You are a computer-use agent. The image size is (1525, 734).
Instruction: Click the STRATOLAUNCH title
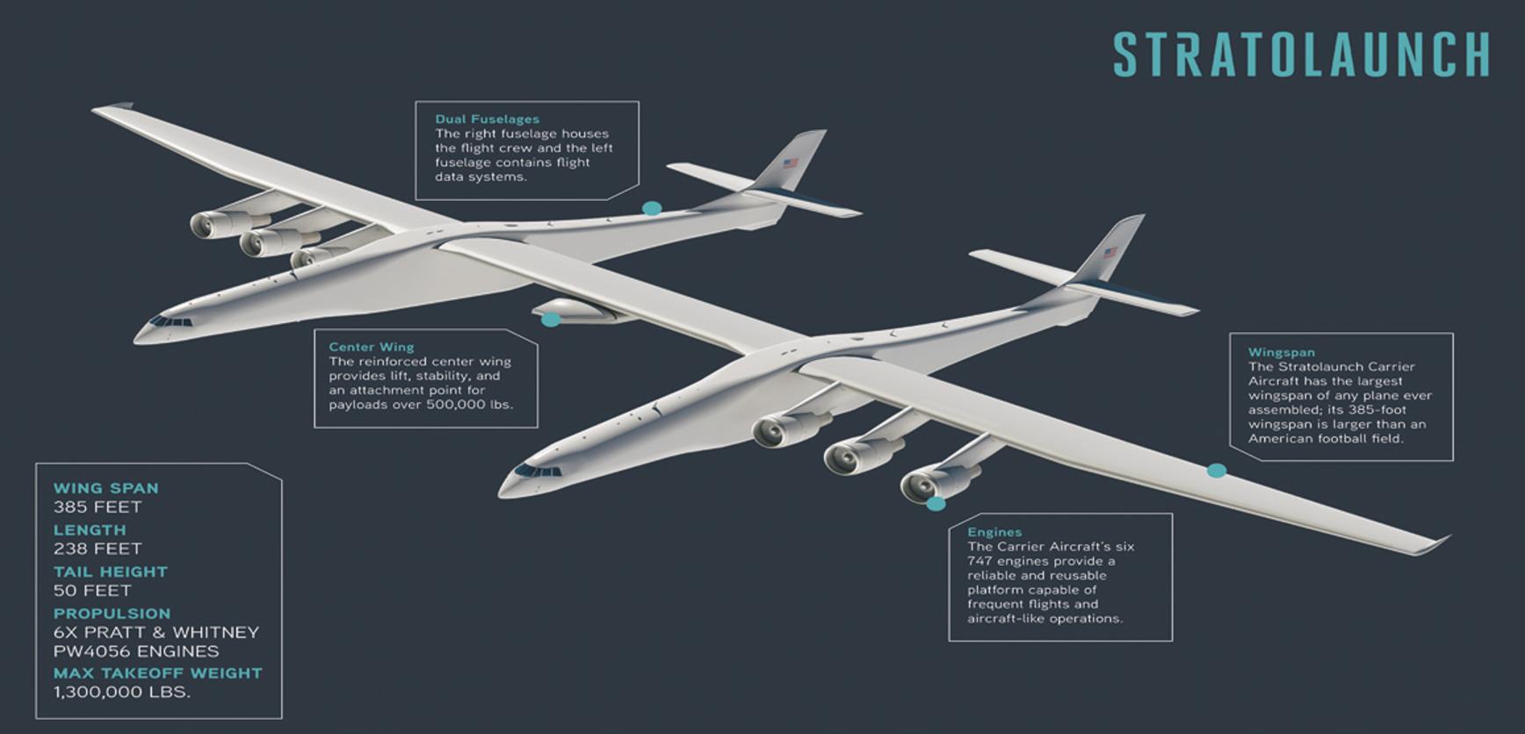[1301, 54]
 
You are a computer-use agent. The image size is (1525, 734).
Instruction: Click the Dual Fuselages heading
[487, 119]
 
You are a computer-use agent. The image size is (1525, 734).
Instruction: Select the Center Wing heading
[371, 347]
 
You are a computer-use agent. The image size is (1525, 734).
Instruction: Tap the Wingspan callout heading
[1281, 352]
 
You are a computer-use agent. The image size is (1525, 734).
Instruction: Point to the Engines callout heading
[994, 532]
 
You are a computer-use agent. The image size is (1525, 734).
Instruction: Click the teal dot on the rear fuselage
[651, 209]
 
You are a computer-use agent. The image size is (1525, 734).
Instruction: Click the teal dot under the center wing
[551, 320]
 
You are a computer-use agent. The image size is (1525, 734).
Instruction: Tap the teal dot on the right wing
[1217, 471]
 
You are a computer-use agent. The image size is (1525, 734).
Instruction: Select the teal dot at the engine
[936, 504]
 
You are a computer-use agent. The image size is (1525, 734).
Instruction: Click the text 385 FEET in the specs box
[98, 507]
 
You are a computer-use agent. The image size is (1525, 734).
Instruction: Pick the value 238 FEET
[98, 549]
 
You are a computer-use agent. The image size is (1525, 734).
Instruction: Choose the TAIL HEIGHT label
[110, 572]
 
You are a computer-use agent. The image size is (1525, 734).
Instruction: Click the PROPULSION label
[112, 614]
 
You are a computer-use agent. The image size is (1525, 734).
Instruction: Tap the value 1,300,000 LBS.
[121, 692]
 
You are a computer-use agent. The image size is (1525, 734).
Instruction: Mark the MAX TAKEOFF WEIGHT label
[157, 673]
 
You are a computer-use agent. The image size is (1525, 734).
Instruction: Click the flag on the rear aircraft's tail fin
[791, 163]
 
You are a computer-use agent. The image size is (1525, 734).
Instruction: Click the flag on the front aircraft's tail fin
[1110, 253]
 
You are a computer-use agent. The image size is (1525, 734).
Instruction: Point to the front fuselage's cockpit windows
[537, 471]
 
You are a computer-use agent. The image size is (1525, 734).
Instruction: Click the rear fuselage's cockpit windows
[171, 322]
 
